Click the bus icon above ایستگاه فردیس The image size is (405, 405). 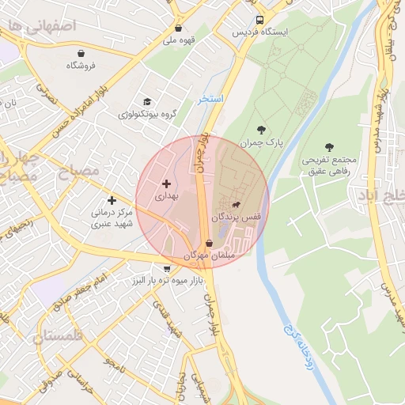coord(260,21)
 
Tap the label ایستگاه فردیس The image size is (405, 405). coord(260,32)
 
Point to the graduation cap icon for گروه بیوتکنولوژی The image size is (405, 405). coord(146,101)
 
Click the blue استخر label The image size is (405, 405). coord(212,99)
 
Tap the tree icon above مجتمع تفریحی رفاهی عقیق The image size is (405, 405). coord(329,147)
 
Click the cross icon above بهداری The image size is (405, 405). coord(166,184)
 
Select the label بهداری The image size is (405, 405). coord(166,195)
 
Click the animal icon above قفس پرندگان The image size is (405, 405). coord(236,204)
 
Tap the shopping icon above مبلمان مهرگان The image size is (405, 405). coord(209,244)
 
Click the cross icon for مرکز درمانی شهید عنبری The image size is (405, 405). coord(112,201)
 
